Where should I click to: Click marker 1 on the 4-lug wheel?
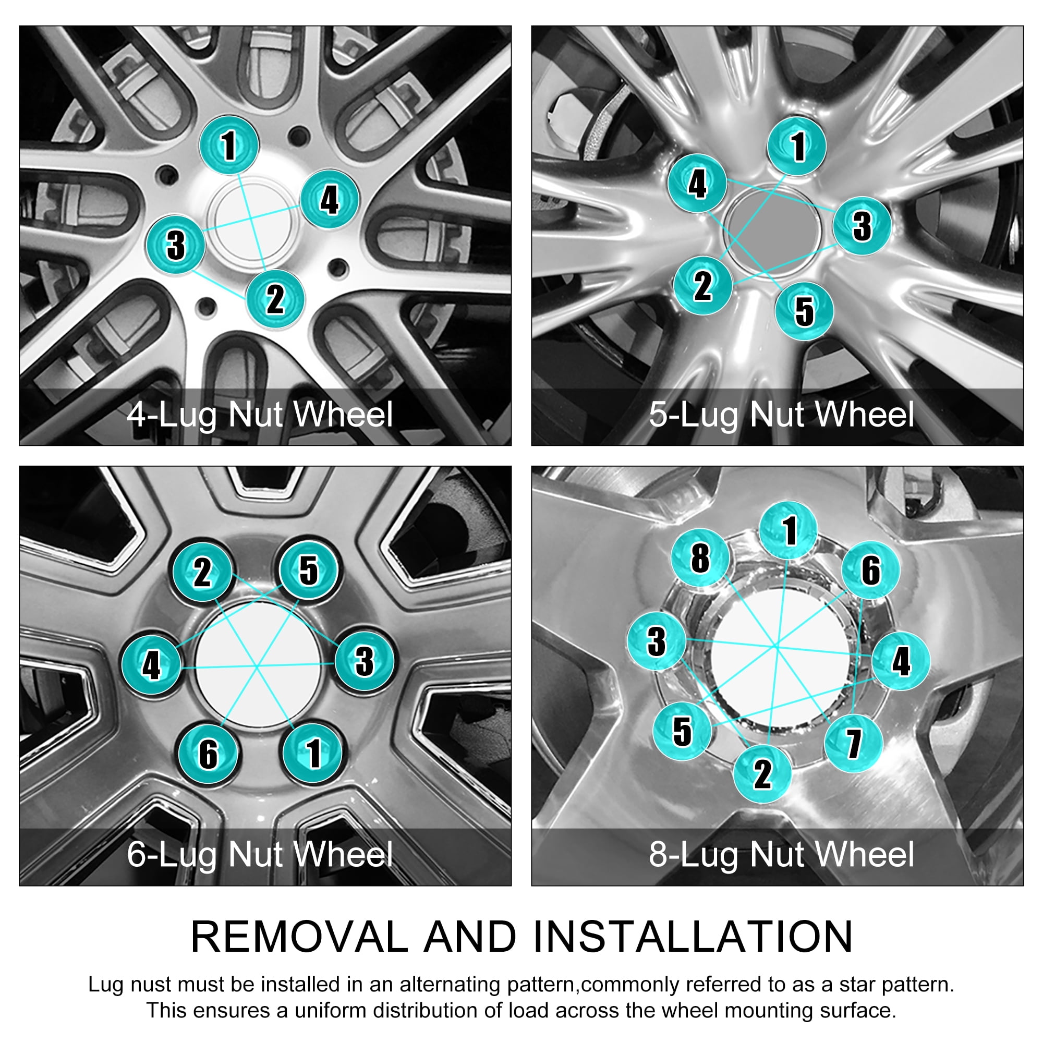coord(229,144)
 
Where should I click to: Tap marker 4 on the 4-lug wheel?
coord(329,199)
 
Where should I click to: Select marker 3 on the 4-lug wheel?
coord(176,245)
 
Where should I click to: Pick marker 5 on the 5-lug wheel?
coord(804,311)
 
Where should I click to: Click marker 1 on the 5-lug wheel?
coord(797,146)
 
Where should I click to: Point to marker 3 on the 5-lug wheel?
coord(862,226)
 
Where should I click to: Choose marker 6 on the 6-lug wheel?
coord(209,753)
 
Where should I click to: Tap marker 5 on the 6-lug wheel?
coord(308,570)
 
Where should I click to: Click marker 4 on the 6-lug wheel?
coord(151,664)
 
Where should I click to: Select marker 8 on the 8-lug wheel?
coord(700,557)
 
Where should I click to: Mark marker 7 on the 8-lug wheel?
coord(854,743)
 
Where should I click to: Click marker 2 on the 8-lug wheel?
coord(762,773)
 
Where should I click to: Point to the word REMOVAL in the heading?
coord(300,937)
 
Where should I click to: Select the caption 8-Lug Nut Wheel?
coord(782,855)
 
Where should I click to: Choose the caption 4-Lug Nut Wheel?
coord(260,415)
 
